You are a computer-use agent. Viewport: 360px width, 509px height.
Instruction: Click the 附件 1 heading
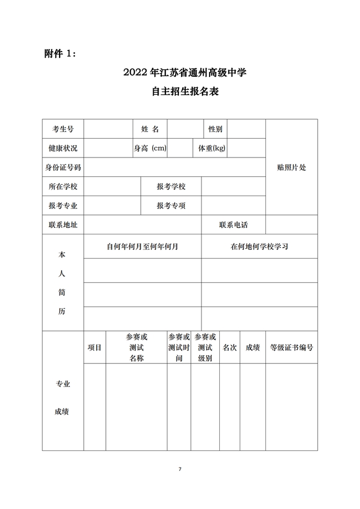(x=61, y=54)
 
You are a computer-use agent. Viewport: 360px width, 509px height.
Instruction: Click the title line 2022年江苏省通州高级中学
(x=180, y=72)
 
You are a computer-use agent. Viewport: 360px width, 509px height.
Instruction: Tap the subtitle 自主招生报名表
(x=180, y=91)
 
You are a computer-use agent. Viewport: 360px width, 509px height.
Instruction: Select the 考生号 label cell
(x=63, y=129)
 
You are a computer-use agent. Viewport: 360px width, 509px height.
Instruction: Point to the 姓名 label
(x=150, y=129)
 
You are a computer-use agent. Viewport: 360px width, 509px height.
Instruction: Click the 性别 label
(x=215, y=129)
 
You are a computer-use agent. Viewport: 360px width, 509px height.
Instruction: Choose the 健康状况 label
(x=63, y=148)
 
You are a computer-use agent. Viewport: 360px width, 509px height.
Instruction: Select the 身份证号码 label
(x=63, y=168)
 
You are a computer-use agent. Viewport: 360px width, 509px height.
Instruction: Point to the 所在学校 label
(x=63, y=187)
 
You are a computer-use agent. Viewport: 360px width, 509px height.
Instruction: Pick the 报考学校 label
(x=171, y=187)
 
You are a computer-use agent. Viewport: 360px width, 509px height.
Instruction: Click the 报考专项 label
(x=171, y=205)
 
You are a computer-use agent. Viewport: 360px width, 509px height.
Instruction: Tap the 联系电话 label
(x=234, y=225)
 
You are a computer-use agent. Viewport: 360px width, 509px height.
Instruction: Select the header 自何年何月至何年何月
(x=142, y=247)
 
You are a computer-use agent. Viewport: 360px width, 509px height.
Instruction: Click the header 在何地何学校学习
(x=260, y=247)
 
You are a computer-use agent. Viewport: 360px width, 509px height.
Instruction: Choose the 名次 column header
(x=229, y=348)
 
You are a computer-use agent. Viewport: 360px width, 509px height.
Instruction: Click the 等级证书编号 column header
(x=291, y=348)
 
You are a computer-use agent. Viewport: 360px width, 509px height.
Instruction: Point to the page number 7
(x=180, y=469)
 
